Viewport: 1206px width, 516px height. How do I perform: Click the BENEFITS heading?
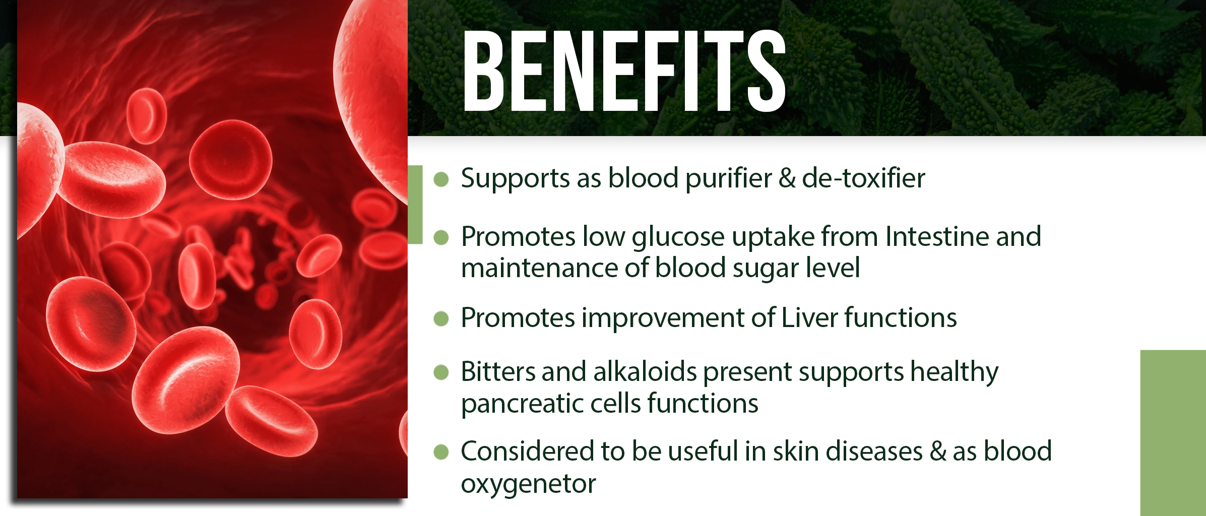(624, 71)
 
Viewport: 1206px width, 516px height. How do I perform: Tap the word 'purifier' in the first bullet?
(728, 179)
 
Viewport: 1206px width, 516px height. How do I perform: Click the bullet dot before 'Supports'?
(441, 179)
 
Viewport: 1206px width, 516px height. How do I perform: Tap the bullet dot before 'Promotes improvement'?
(441, 318)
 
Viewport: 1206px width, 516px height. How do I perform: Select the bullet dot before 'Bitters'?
(441, 372)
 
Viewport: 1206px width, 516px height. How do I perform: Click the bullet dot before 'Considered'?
(441, 452)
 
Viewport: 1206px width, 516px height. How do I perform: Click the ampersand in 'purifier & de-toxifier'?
(787, 178)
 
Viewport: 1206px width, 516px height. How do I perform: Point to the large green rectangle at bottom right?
(1173, 433)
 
